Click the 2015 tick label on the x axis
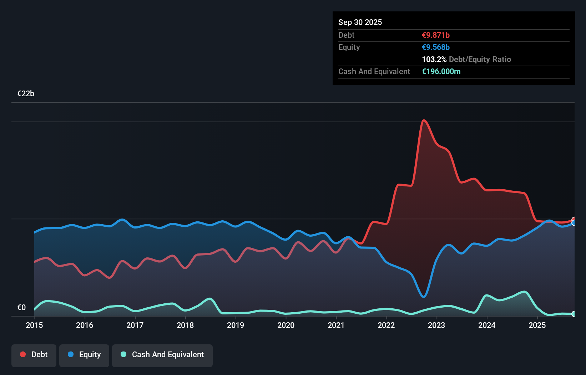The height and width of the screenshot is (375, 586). (34, 325)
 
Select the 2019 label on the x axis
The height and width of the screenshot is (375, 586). (236, 325)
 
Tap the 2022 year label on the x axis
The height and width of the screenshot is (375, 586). (386, 325)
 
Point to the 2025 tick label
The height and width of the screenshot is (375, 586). (537, 325)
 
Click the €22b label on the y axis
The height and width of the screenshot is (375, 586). (26, 94)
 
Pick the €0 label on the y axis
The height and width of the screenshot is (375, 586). (21, 307)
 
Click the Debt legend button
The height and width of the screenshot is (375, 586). (34, 355)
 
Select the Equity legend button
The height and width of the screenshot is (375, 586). (84, 355)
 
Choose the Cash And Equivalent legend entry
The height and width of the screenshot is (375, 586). (162, 355)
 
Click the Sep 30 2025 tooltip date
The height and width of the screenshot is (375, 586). (360, 22)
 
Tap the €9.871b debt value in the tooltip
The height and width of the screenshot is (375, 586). (436, 35)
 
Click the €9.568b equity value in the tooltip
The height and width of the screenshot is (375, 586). (436, 47)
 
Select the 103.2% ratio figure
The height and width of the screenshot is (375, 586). (434, 59)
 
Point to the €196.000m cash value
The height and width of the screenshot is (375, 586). (441, 71)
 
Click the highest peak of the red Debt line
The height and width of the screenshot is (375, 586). (424, 120)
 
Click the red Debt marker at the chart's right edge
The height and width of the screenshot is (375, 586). (574, 220)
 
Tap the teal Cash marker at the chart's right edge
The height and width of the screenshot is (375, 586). (574, 314)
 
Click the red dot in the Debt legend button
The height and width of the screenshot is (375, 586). (23, 354)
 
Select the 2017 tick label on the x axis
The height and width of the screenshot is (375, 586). (135, 325)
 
